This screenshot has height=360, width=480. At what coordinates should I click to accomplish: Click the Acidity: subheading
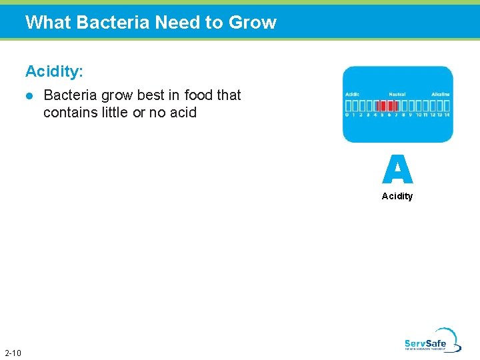coord(55,71)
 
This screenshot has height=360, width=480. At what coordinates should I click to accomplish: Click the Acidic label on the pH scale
coord(352,95)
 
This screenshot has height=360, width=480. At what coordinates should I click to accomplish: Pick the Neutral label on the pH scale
coord(397,95)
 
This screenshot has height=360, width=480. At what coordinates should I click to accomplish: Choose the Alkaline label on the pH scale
coord(441,95)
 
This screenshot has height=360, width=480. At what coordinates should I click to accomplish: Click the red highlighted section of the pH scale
coord(387,105)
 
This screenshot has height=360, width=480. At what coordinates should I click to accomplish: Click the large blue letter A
coord(397,169)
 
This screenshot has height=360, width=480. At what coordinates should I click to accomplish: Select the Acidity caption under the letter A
coord(397,196)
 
